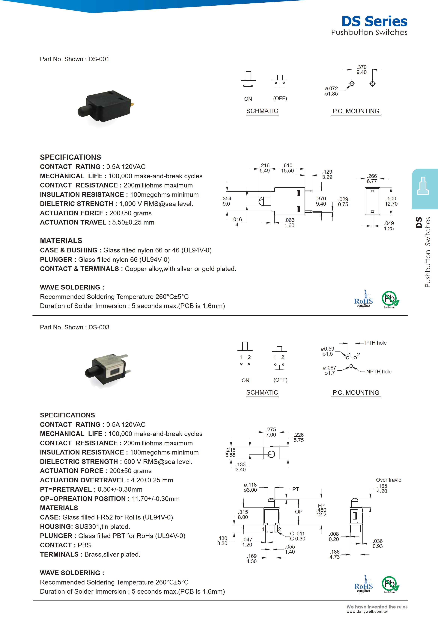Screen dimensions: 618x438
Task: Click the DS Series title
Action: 374,21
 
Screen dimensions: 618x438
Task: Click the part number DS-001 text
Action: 99,59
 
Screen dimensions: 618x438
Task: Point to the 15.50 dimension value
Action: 287,171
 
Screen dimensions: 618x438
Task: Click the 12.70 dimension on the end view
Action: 391,204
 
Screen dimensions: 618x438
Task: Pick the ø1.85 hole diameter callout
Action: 331,94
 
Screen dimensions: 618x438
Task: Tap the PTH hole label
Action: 376,343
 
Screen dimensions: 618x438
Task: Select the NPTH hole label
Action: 379,372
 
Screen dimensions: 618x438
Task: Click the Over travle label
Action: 388,480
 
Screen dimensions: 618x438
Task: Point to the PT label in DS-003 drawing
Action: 296,489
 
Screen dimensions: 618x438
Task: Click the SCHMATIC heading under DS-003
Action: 262,392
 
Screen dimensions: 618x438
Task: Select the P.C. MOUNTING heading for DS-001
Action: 356,111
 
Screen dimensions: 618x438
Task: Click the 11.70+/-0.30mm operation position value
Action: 156,499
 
